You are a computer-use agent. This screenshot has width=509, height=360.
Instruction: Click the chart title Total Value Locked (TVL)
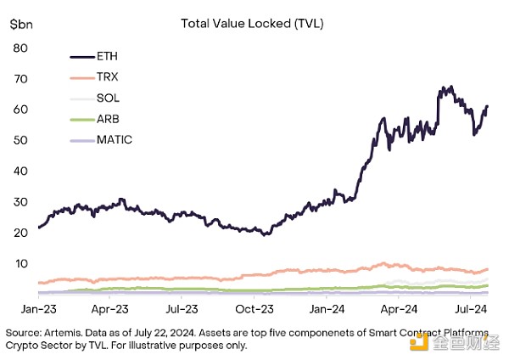(252, 23)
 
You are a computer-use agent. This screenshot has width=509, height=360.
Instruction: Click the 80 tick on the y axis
(21, 48)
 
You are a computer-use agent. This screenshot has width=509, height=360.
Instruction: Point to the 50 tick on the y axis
(21, 140)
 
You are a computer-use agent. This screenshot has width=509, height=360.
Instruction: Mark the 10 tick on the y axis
(21, 263)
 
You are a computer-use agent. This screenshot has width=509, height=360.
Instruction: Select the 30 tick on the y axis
(21, 202)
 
